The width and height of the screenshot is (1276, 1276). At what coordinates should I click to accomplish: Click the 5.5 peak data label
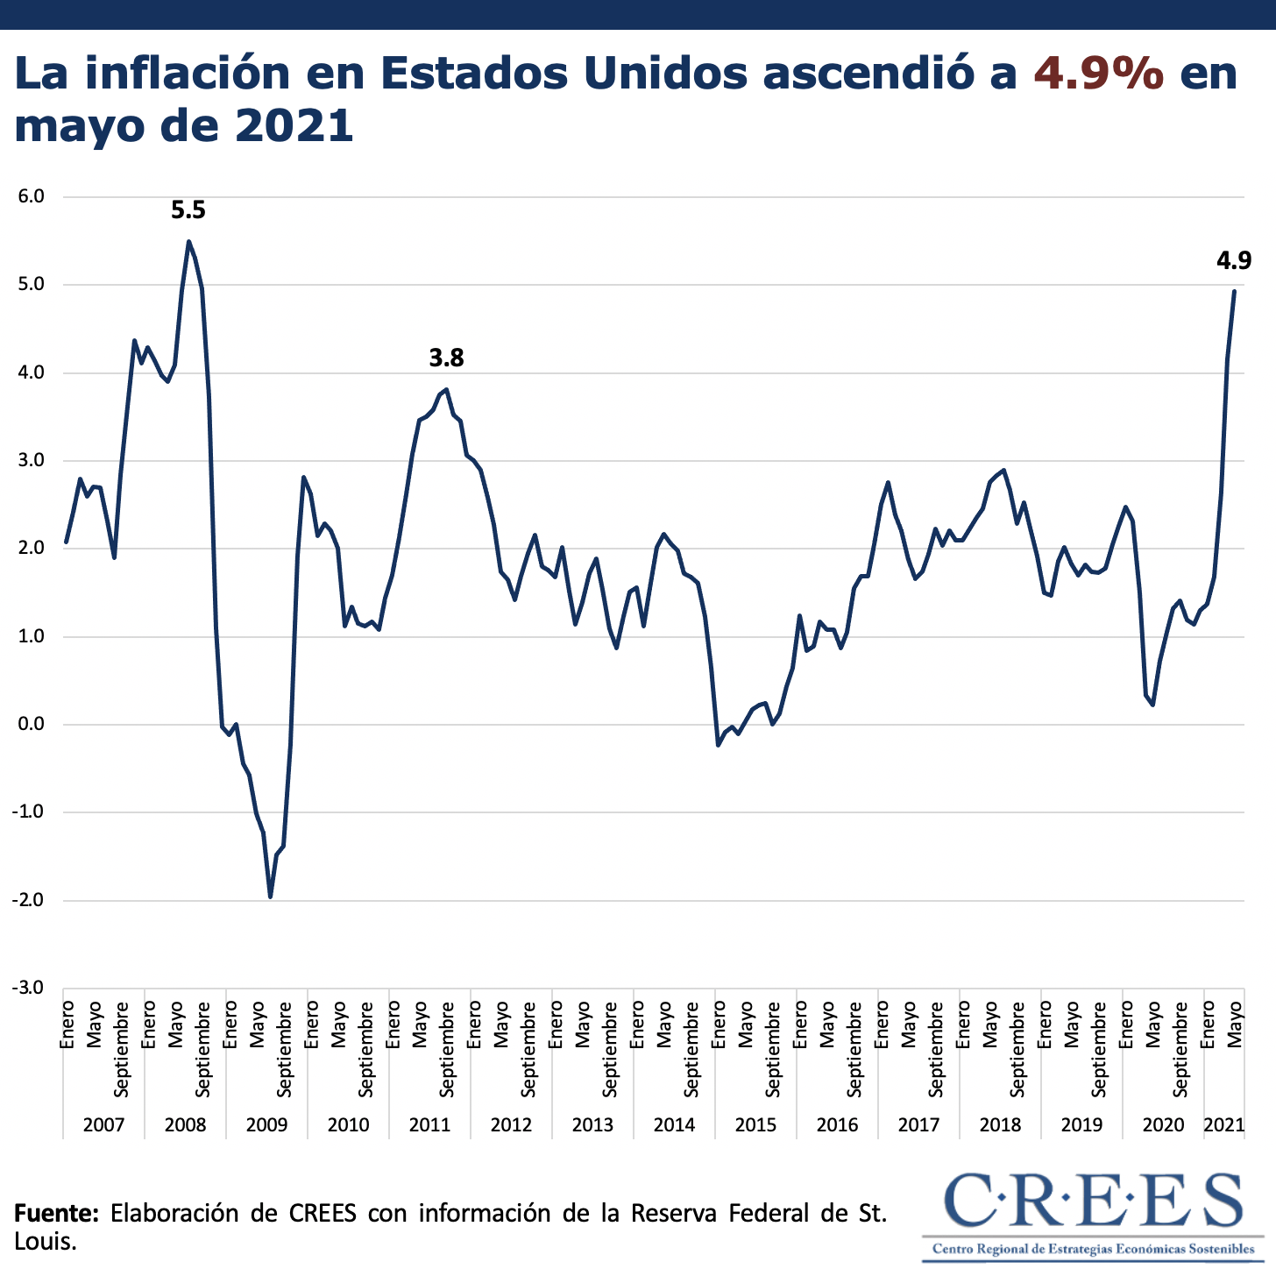tap(188, 210)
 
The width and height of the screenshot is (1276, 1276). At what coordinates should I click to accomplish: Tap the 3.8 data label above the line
tap(446, 358)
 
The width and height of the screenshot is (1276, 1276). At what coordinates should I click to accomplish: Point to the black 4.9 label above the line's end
tap(1233, 260)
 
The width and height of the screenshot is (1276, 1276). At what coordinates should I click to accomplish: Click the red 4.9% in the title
tap(1099, 74)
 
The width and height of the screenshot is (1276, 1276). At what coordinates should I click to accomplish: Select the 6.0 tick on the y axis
tap(31, 196)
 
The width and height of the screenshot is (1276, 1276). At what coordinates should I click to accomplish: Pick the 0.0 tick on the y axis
tap(31, 725)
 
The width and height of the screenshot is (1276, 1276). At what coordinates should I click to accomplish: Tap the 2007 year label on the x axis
tap(103, 1124)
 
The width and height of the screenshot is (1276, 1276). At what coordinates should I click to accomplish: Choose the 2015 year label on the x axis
tap(755, 1124)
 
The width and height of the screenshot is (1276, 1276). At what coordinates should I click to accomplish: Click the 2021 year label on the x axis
tap(1224, 1124)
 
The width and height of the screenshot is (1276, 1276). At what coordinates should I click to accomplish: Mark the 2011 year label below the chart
tap(429, 1124)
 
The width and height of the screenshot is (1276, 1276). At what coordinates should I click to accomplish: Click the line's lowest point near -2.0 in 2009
tap(270, 897)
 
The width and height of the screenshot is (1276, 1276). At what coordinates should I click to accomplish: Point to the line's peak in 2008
tap(188, 241)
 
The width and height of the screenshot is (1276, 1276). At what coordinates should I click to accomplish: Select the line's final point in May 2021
tap(1234, 291)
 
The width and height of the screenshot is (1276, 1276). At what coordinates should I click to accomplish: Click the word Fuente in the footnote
tap(56, 1213)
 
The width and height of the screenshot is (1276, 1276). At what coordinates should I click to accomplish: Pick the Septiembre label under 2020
tap(1180, 1049)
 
